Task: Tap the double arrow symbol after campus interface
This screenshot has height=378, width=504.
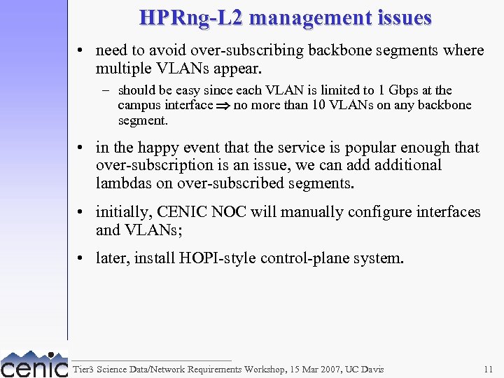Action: (x=223, y=106)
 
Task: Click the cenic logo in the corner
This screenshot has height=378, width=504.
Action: (x=34, y=364)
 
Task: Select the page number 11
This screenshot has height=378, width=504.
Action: (x=488, y=369)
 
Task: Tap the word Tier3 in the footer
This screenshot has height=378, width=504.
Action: (x=83, y=369)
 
